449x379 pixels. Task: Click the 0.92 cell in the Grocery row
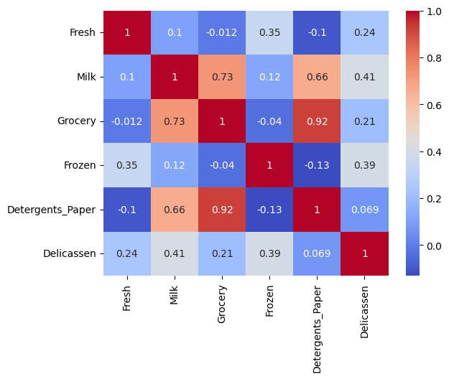click(x=317, y=121)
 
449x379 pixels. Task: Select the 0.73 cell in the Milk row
click(x=222, y=77)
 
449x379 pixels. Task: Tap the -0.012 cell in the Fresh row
click(x=222, y=33)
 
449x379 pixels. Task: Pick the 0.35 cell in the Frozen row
click(x=127, y=165)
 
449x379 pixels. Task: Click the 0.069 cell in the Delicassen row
click(x=317, y=253)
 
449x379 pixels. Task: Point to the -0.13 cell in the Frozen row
click(x=317, y=165)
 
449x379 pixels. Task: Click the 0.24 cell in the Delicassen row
click(x=127, y=253)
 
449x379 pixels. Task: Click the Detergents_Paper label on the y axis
click(x=51, y=210)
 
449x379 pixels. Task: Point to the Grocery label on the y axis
click(x=76, y=121)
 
